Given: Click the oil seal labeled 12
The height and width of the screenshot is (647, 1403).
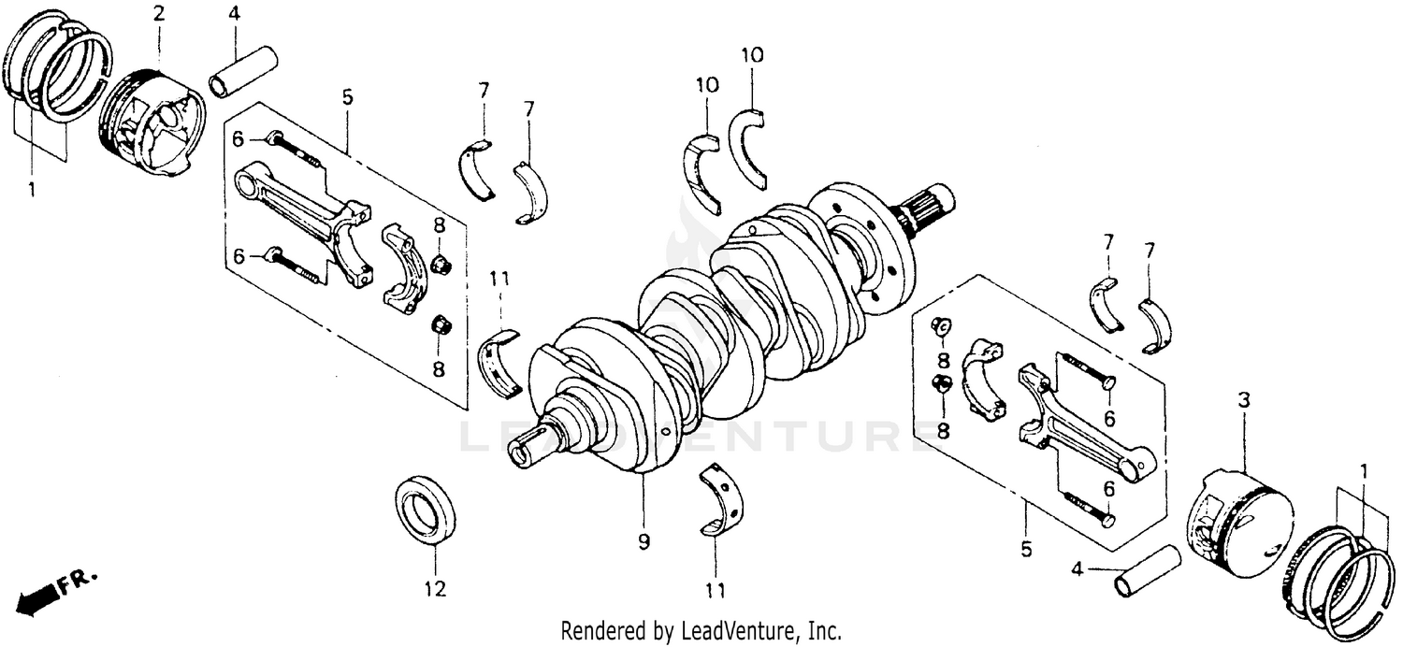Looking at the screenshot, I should pyautogui.click(x=427, y=509).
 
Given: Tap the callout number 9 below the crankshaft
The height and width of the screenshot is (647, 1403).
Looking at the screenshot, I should pyautogui.click(x=644, y=541).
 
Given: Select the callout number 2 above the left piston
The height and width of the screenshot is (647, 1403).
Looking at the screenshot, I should pyautogui.click(x=158, y=13).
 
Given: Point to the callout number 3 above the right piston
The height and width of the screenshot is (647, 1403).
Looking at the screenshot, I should pyautogui.click(x=1243, y=400).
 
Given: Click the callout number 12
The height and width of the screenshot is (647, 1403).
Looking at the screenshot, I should pyautogui.click(x=435, y=589).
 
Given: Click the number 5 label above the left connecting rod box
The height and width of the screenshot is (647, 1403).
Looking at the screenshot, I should pyautogui.click(x=347, y=95).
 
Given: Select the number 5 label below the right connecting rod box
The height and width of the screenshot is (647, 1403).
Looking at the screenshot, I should pyautogui.click(x=1026, y=550).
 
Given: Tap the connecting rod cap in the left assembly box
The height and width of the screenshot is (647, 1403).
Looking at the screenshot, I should pyautogui.click(x=404, y=269).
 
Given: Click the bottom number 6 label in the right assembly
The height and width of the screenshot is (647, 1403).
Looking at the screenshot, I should pyautogui.click(x=1108, y=488).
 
